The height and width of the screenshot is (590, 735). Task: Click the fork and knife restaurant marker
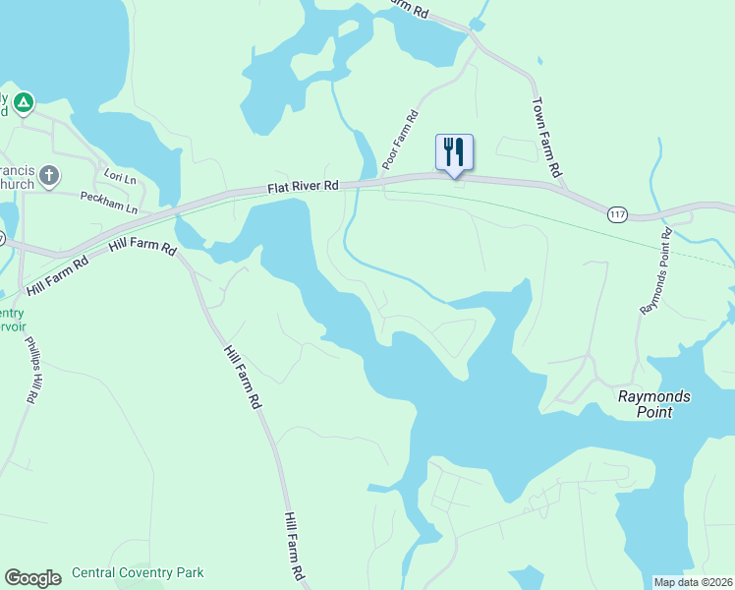click(454, 153)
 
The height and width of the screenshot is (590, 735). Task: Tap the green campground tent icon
click(24, 101)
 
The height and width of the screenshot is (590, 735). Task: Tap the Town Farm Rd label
click(546, 136)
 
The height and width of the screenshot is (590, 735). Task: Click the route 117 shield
click(617, 213)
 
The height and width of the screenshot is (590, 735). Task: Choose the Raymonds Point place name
click(653, 404)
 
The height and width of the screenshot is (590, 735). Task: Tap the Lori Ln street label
click(118, 175)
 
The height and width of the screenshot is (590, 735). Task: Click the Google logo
click(32, 578)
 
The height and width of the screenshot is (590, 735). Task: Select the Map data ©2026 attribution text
click(693, 582)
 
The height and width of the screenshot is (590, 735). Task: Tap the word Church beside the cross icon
click(17, 184)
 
